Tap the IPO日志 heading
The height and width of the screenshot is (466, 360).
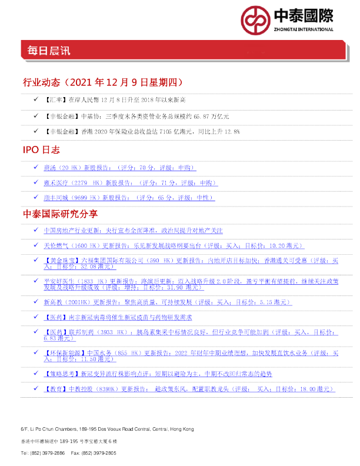(x=41, y=151)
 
